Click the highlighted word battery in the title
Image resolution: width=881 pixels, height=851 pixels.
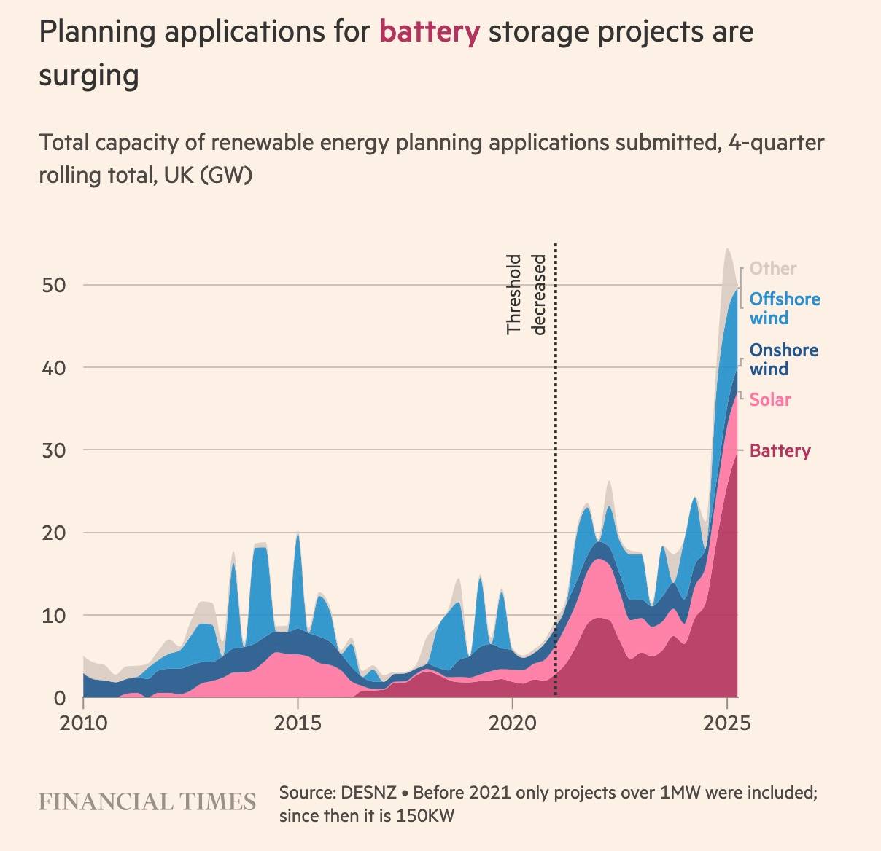click(429, 32)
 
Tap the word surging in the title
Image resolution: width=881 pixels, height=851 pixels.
click(88, 75)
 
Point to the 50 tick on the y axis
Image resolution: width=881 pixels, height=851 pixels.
click(54, 285)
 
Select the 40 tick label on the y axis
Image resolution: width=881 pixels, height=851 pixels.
click(54, 368)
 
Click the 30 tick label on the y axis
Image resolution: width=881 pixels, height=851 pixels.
click(54, 450)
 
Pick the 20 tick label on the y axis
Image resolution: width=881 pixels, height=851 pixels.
click(54, 533)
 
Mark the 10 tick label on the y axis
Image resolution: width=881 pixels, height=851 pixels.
click(54, 616)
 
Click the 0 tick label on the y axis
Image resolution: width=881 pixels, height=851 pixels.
click(60, 698)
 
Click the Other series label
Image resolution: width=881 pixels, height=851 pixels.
click(773, 268)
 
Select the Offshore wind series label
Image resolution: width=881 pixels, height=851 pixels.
click(784, 308)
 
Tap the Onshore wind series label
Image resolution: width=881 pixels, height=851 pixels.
click(783, 359)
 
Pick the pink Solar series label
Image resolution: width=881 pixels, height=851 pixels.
click(770, 399)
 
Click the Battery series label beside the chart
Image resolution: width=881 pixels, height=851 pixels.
click(780, 450)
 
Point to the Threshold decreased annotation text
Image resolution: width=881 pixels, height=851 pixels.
click(526, 294)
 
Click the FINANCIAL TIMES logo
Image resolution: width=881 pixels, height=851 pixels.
click(147, 802)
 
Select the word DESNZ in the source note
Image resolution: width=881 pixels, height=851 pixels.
click(366, 793)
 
